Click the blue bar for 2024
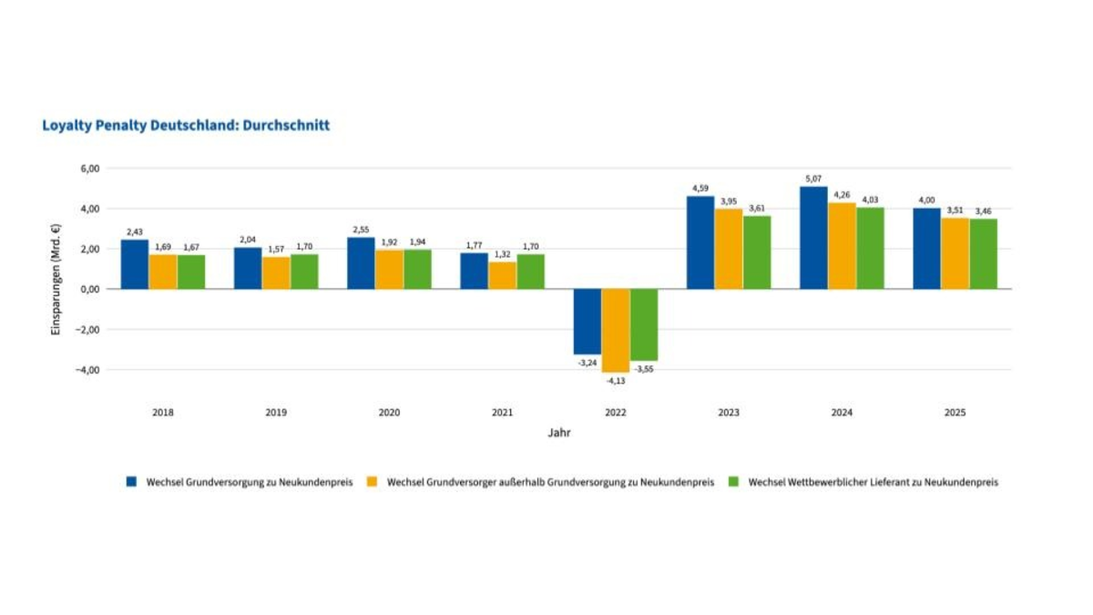pos(813,238)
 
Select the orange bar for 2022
pos(615,330)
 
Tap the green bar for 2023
pos(756,252)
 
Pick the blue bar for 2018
pos(135,264)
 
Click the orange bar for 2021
pos(502,275)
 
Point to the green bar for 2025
pos(983,253)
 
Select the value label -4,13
pos(615,380)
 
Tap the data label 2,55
pos(361,230)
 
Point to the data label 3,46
pos(983,211)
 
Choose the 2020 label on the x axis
pos(389,413)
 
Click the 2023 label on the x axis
pos(728,413)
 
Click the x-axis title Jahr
pos(558,434)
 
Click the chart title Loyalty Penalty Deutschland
pos(186,126)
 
